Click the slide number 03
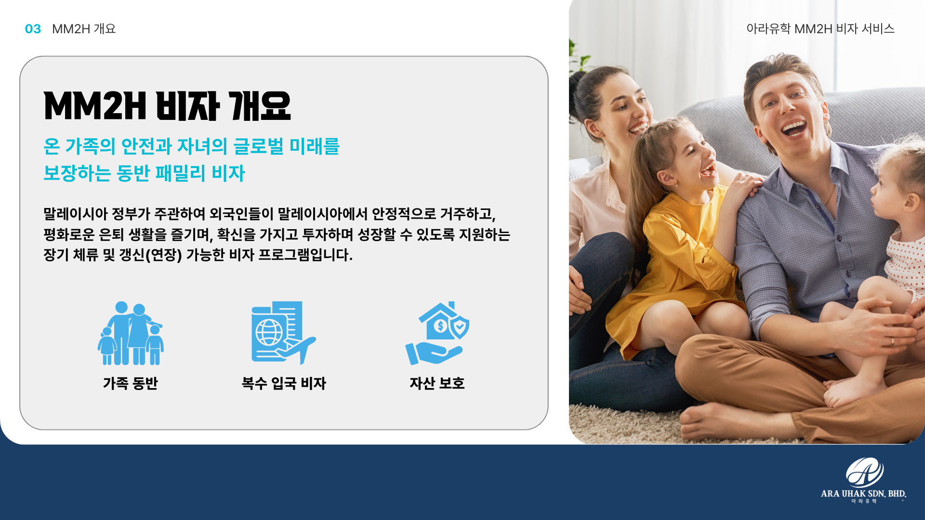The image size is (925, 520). [x=33, y=29]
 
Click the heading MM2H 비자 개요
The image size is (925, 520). [x=167, y=106]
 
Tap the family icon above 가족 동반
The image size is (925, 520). [x=131, y=333]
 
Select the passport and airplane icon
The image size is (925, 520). [x=283, y=333]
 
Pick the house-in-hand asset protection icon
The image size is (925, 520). [x=437, y=333]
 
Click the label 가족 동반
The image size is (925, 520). [x=131, y=383]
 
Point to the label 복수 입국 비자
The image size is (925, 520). [x=284, y=383]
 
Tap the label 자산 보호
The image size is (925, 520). [x=437, y=383]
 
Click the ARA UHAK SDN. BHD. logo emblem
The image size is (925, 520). [x=865, y=472]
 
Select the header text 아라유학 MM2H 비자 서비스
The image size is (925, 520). [x=820, y=29]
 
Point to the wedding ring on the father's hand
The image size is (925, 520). [x=892, y=342]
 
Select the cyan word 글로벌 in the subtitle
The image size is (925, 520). [x=259, y=146]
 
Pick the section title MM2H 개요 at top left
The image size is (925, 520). [x=84, y=29]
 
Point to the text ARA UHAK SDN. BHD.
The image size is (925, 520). [x=863, y=494]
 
